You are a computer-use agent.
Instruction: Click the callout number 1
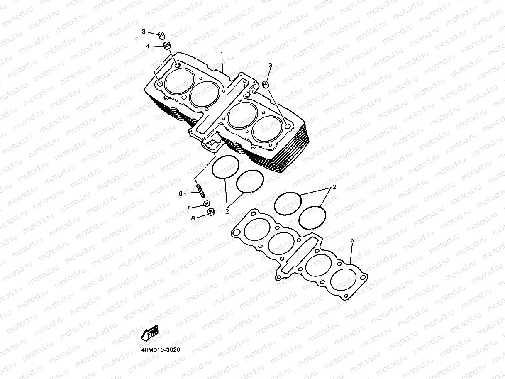(x=222, y=54)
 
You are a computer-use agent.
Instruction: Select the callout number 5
(x=352, y=240)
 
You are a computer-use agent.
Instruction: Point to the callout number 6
(x=181, y=193)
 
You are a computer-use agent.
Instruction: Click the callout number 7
(x=188, y=208)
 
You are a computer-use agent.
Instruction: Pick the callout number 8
(x=193, y=218)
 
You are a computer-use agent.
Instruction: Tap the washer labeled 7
(x=206, y=203)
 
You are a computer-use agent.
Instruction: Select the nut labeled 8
(x=210, y=213)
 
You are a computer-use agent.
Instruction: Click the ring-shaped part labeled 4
(x=166, y=45)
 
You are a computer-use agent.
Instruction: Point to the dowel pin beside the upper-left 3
(x=161, y=34)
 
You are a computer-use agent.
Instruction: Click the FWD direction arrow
(x=150, y=333)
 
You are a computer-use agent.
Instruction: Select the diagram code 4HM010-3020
(x=161, y=350)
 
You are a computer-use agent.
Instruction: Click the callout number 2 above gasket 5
(x=334, y=187)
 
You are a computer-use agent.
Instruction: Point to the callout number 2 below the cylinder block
(x=227, y=211)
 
